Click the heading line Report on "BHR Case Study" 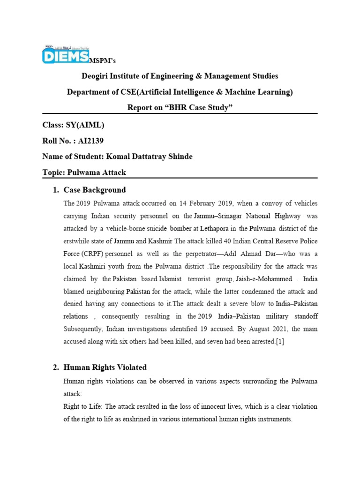[x=180, y=108]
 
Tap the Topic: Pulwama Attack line [x=84, y=172]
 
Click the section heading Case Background [x=94, y=190]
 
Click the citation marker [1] [x=280, y=342]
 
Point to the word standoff [x=303, y=317]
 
